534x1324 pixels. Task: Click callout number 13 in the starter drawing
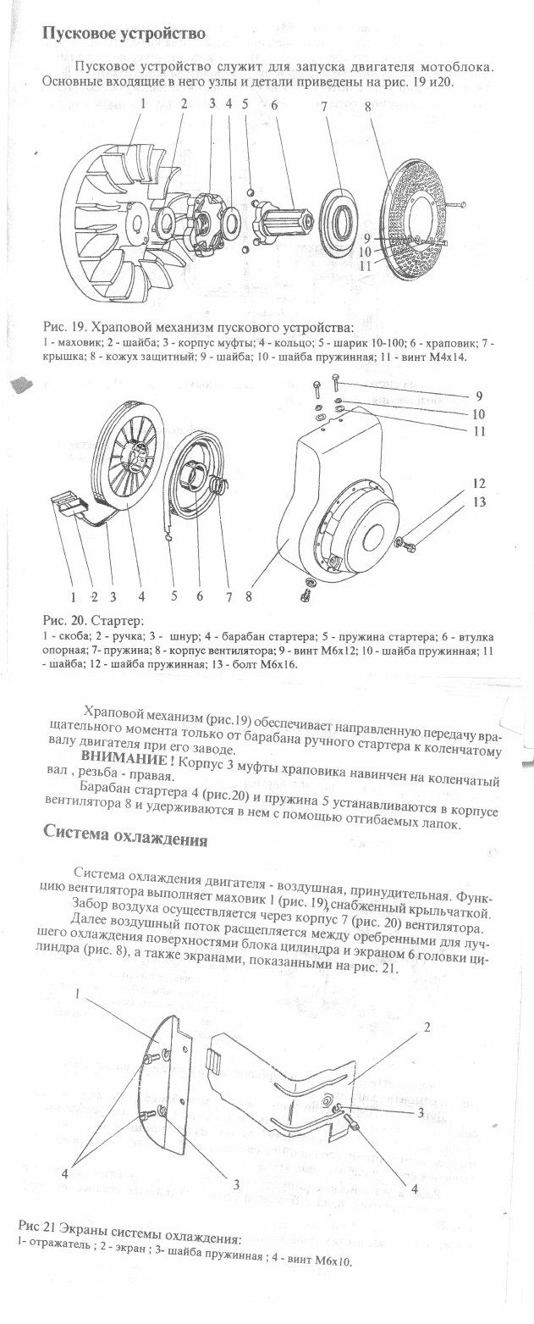[x=480, y=501]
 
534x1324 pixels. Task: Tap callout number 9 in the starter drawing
[x=478, y=396]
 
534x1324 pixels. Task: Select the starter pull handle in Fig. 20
[x=71, y=506]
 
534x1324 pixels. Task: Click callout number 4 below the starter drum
[x=142, y=596]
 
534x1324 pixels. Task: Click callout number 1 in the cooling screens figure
[x=78, y=994]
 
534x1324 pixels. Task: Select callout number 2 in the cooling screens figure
[x=426, y=1028]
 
